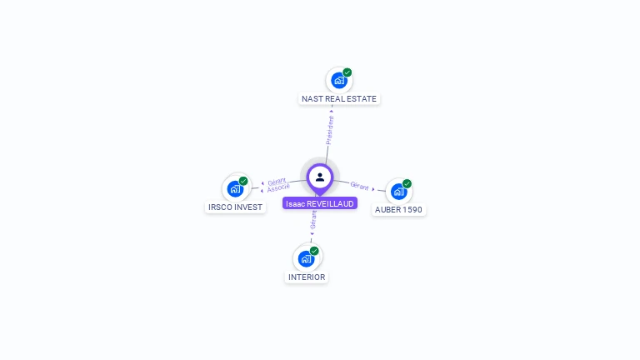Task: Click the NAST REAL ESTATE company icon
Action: click(338, 81)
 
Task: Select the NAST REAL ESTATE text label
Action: click(339, 98)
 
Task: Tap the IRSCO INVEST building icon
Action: click(235, 189)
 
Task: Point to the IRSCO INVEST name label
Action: click(235, 207)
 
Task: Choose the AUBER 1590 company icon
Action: click(398, 192)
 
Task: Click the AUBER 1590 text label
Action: click(398, 209)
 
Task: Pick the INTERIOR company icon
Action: click(306, 259)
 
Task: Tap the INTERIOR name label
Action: click(307, 277)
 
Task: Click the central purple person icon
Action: click(320, 177)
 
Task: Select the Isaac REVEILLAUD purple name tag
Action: click(320, 203)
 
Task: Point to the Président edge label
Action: click(330, 130)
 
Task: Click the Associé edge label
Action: click(278, 188)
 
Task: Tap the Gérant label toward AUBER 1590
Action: click(360, 186)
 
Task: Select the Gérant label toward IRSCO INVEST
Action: click(277, 181)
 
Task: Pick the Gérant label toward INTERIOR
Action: click(313, 220)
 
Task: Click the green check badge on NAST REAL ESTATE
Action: click(347, 72)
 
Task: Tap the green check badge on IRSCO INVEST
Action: click(243, 181)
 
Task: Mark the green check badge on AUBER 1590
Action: click(407, 183)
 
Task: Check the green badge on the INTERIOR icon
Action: click(314, 251)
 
